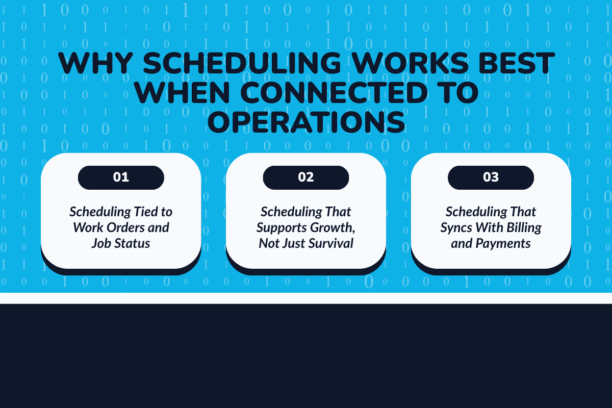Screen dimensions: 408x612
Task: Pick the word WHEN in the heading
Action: (x=184, y=92)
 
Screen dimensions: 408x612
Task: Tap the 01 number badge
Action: (x=121, y=177)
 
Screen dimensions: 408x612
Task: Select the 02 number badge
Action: (x=306, y=177)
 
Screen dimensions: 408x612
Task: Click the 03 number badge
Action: (x=491, y=177)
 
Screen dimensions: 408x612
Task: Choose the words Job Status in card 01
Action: (x=121, y=243)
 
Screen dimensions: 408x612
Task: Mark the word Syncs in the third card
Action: (x=456, y=227)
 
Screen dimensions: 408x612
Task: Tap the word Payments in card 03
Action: (x=503, y=243)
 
